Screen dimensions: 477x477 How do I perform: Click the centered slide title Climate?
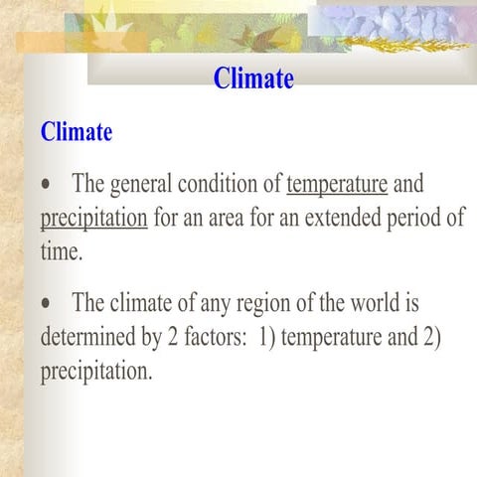(x=253, y=79)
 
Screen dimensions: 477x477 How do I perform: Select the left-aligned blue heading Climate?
(x=77, y=131)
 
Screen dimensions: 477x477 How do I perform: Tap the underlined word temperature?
(x=337, y=184)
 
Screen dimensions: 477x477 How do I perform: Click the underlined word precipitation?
(x=93, y=218)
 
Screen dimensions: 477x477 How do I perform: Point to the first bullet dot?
(x=47, y=186)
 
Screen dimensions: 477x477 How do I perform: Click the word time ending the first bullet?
(x=60, y=251)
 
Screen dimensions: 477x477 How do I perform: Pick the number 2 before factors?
(x=173, y=337)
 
